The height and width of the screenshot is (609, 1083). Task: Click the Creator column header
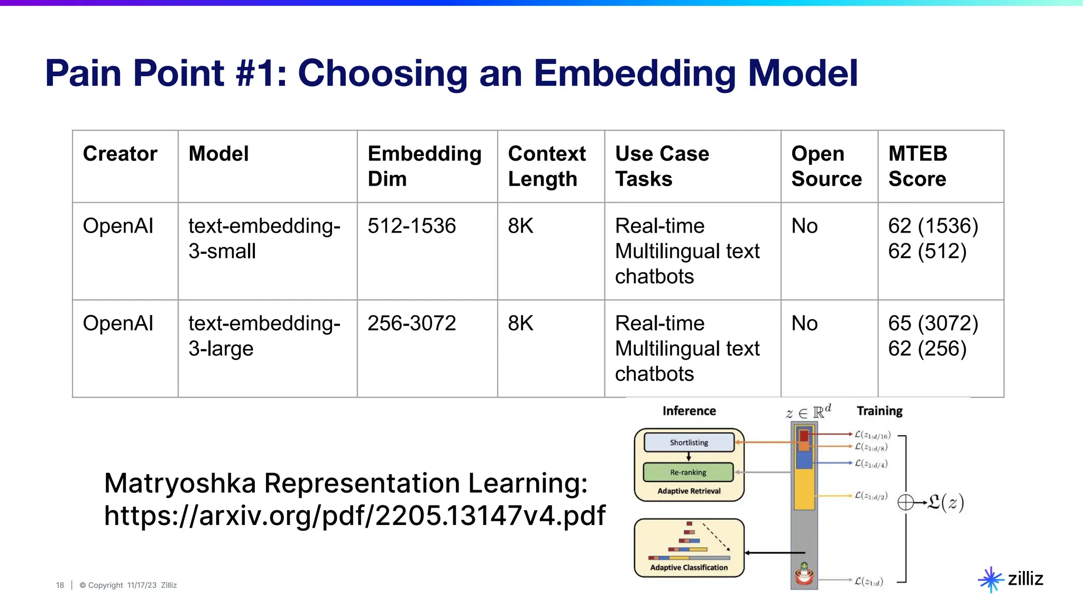[x=120, y=154]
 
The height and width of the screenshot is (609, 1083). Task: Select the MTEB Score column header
[x=917, y=166]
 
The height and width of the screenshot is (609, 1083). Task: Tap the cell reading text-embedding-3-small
[x=264, y=238]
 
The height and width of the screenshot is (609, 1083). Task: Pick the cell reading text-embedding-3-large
[x=264, y=336]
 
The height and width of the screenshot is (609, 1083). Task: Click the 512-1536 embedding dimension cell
[x=411, y=226]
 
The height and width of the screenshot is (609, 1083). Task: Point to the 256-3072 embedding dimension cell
[x=411, y=324]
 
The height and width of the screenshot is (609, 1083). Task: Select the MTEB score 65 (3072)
[x=933, y=324]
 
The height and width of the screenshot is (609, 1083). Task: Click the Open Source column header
[x=826, y=166]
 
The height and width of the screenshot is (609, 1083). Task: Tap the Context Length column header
[x=546, y=166]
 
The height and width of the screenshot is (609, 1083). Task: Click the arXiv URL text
[x=354, y=515]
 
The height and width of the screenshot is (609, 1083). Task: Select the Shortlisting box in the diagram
[x=689, y=442]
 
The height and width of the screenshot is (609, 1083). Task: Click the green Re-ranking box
[x=688, y=472]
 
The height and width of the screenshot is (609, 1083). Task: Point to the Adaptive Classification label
[x=689, y=567]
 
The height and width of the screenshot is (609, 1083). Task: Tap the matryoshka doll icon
[x=804, y=574]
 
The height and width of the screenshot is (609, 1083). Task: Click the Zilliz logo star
[x=990, y=580]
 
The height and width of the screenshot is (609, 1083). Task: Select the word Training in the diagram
[x=879, y=411]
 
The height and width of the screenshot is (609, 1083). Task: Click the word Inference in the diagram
[x=689, y=411]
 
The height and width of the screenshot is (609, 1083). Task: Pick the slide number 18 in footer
[x=60, y=585]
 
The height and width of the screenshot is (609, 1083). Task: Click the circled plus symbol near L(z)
[x=905, y=502]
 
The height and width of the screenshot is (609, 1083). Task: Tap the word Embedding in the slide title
[x=634, y=73]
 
